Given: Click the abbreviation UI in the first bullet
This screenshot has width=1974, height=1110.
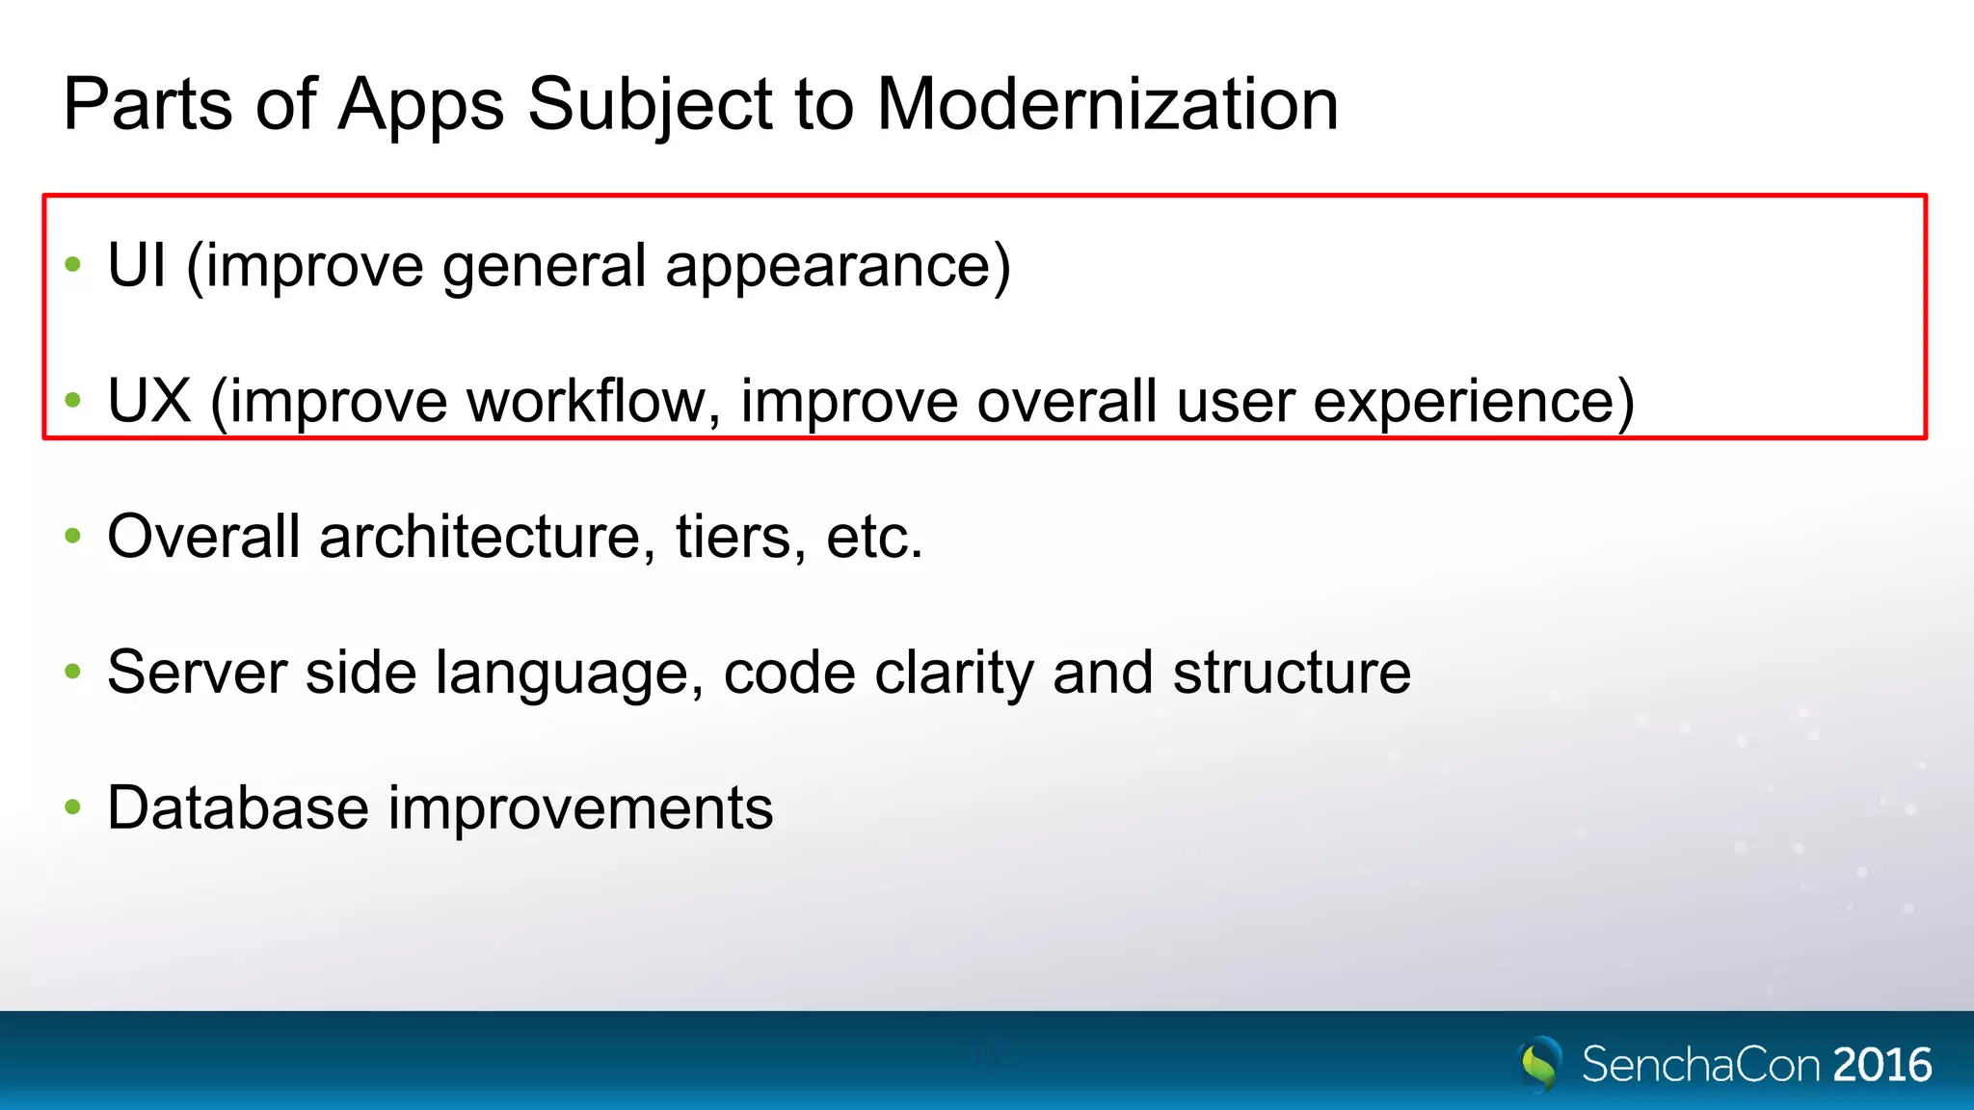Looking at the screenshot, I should (136, 265).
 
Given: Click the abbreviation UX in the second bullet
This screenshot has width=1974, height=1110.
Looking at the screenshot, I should (148, 401).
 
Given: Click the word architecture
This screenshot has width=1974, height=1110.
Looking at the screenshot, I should (480, 537).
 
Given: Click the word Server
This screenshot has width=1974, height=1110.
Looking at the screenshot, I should (197, 672).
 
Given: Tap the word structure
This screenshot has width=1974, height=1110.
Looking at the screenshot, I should (1292, 672).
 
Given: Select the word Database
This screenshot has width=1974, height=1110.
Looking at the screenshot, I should (237, 807).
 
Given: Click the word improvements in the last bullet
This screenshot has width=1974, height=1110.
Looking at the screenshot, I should (580, 807).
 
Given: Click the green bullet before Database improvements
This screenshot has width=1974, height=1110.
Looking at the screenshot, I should (72, 806).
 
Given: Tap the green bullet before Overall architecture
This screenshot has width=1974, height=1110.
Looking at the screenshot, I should (72, 535).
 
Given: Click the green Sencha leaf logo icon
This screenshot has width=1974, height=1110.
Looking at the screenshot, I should (1539, 1063).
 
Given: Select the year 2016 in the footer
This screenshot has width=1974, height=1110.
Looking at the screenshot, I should (1881, 1065).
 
